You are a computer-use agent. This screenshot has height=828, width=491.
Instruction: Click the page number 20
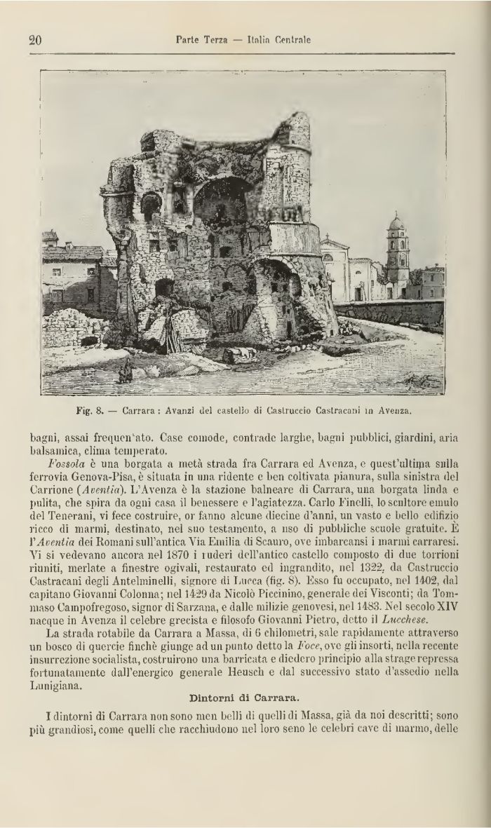[36, 40]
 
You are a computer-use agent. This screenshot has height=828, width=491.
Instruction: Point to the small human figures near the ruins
[126, 372]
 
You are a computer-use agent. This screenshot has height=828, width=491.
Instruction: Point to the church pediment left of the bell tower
[335, 246]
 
